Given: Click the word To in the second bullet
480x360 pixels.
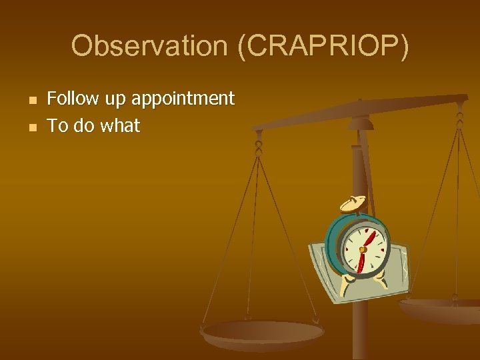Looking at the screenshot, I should click(57, 125).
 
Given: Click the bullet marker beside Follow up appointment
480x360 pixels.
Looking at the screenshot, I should click(31, 100).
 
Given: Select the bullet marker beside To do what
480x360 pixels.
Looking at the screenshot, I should click(31, 126).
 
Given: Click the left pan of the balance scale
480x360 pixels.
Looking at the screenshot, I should click(263, 332).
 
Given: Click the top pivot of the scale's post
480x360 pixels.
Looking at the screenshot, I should click(360, 121).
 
